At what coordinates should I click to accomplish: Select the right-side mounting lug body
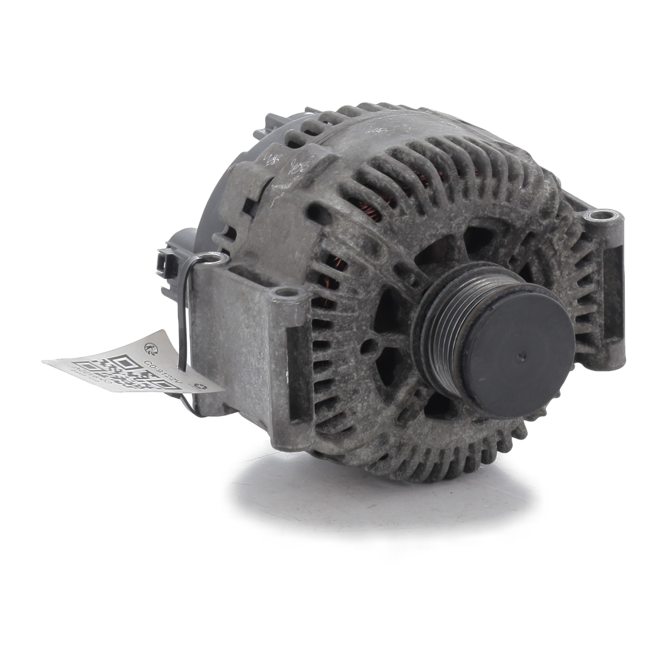coord(614,293)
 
